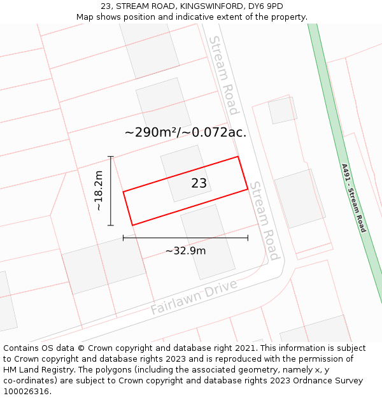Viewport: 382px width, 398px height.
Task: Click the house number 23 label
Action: click(199, 183)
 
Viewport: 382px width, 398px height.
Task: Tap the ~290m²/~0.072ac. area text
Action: click(185, 132)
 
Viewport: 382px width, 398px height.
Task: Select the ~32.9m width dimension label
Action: click(185, 250)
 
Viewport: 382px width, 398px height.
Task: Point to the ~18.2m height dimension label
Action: click(98, 190)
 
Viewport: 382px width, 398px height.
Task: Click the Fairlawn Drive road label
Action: click(194, 297)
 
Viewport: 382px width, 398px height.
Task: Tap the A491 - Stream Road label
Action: click(353, 198)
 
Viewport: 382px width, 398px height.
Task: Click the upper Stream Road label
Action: click(223, 75)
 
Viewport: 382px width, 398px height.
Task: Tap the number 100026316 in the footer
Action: click(27, 392)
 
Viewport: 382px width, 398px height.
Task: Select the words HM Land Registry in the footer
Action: click(36, 370)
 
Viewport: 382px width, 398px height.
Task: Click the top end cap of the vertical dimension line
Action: click(111, 156)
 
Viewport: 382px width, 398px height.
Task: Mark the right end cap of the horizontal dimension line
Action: click(248, 238)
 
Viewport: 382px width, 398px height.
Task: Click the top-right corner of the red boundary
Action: click(237, 157)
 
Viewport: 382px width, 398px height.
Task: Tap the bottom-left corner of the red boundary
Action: click(132, 225)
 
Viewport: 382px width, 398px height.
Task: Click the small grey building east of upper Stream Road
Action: click(282, 110)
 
